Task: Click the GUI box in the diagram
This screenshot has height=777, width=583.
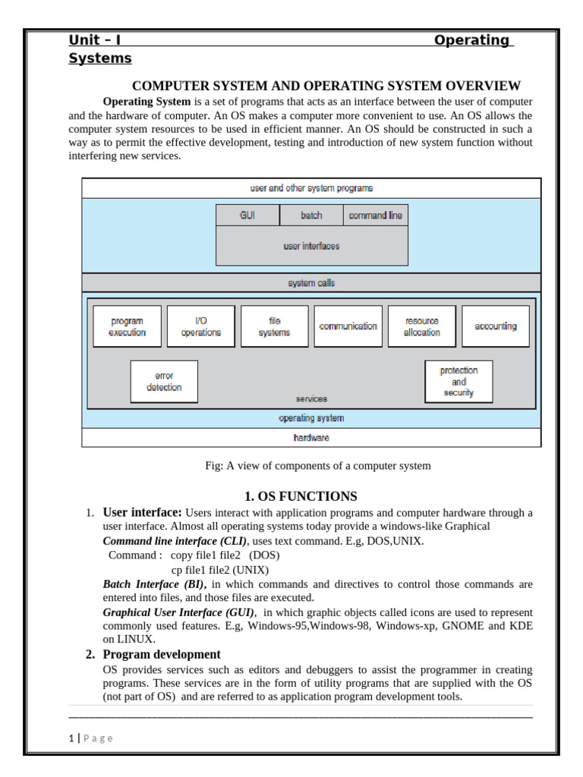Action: (247, 215)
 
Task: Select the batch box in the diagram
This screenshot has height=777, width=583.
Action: (311, 215)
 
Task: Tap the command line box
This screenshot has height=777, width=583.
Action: (375, 215)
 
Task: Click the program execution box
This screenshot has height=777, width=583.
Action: (127, 326)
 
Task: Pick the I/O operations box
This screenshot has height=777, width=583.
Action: (200, 326)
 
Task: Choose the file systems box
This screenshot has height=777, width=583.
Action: (274, 326)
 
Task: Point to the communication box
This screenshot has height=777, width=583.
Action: (348, 326)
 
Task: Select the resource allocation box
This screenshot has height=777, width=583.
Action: (421, 326)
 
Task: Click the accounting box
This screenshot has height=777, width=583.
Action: (495, 326)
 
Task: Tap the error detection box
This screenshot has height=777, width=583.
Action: (164, 381)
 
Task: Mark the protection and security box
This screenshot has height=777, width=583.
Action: (459, 381)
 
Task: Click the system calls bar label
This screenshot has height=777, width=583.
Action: (311, 283)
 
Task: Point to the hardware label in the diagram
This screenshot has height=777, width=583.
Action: (311, 438)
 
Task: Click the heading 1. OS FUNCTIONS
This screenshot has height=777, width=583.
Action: (300, 497)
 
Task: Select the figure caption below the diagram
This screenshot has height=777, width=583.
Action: (317, 466)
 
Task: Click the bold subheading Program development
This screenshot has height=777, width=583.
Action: (162, 654)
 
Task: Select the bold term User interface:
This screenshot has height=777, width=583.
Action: (142, 512)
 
